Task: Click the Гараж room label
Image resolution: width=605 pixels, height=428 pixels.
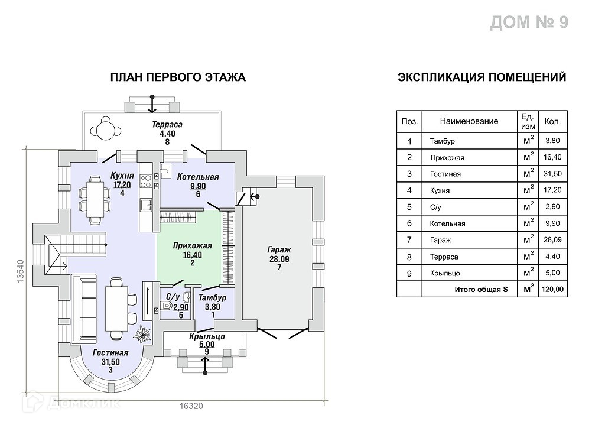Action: tap(279, 250)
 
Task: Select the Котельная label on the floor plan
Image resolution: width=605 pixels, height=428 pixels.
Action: tap(199, 177)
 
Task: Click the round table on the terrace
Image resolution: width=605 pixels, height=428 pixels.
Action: tap(106, 128)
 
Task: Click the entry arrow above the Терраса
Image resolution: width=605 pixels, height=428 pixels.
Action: tap(152, 103)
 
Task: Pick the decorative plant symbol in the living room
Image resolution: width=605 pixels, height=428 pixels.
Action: tap(142, 335)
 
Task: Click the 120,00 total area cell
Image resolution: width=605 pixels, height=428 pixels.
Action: tap(553, 290)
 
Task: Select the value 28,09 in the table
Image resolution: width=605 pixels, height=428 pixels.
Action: tap(553, 240)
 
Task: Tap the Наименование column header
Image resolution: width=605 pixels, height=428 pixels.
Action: tap(469, 121)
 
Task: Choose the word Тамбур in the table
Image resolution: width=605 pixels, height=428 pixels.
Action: tap(443, 141)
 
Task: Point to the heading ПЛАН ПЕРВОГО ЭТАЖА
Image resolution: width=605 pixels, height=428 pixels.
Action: tap(178, 77)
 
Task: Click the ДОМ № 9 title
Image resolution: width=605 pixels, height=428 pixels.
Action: tap(529, 22)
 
